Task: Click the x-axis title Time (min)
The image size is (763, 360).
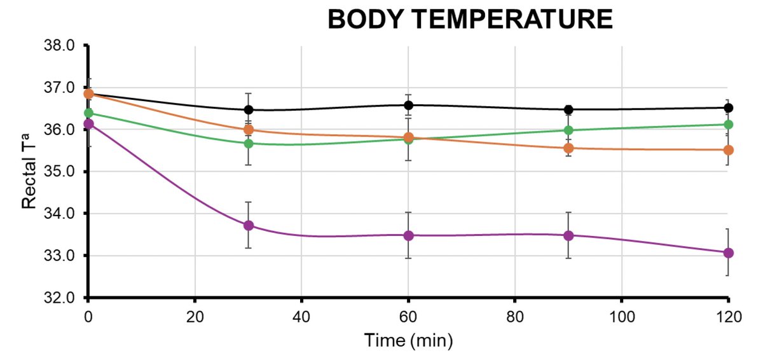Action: pos(408,340)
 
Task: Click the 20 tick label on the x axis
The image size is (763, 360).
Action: pos(195,314)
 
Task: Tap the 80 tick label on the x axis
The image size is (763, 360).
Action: pos(514,314)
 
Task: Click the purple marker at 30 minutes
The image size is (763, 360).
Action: pos(249,225)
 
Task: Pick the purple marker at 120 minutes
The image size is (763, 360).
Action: pos(729,253)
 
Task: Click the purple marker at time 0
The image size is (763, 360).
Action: pos(89,124)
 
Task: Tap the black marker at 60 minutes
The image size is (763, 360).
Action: pos(409,105)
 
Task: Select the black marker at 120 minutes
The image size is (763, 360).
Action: pos(729,107)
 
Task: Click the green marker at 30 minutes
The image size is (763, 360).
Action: pos(249,143)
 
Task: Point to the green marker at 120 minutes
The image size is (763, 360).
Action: pos(729,124)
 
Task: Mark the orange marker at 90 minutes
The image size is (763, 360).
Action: pos(569,148)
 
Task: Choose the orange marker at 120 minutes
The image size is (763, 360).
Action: pos(729,150)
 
